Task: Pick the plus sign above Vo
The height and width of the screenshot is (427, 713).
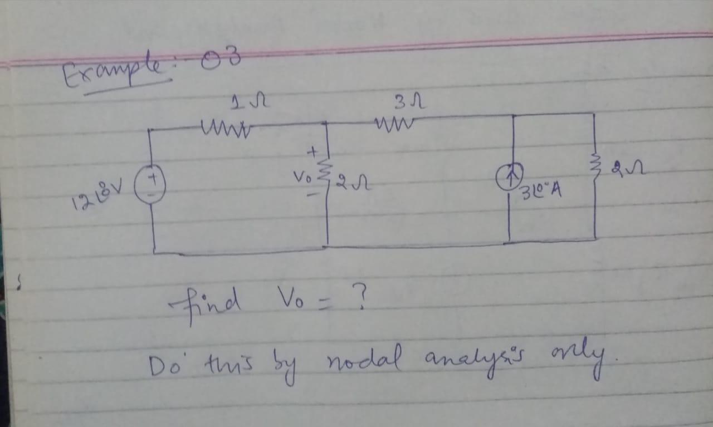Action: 313,150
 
